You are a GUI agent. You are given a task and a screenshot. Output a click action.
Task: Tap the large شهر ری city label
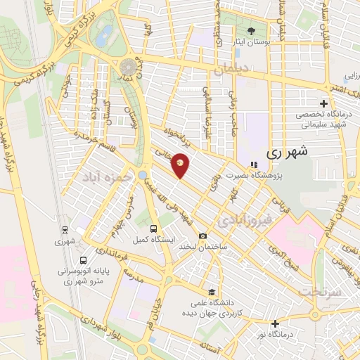point(288,151)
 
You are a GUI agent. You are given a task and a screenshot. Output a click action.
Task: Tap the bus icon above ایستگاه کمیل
point(154,229)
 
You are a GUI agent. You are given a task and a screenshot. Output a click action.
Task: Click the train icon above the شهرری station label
point(65,229)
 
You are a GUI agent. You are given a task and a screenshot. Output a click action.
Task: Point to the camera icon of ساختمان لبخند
point(202,236)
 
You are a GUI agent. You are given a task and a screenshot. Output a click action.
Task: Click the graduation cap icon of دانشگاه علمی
point(210,292)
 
